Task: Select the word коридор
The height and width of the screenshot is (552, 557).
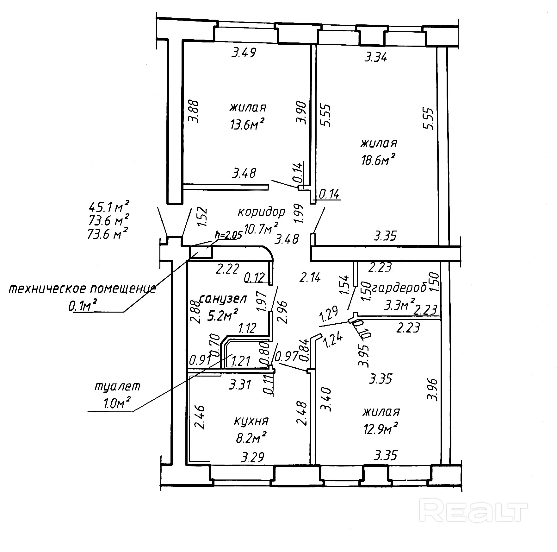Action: point(261,212)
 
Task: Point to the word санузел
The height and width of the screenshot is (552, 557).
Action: point(223,298)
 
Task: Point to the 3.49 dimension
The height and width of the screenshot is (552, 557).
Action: point(243,53)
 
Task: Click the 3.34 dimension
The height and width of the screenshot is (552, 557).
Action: point(375,58)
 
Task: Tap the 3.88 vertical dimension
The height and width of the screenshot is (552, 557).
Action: point(193,111)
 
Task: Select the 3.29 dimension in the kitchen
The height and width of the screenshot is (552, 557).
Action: point(252,457)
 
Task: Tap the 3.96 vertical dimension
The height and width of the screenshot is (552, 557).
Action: point(432,389)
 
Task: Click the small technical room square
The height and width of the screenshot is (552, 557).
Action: point(201,252)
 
